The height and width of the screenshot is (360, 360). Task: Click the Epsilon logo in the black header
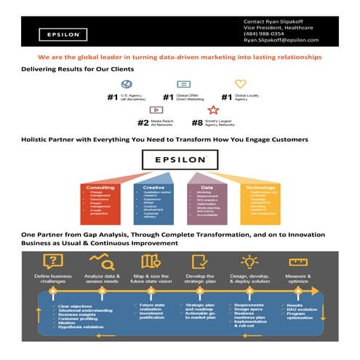click(64, 33)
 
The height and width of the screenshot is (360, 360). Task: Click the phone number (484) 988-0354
click(263, 33)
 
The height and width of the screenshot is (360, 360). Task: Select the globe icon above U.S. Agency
click(127, 84)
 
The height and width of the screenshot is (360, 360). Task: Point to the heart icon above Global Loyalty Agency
click(240, 84)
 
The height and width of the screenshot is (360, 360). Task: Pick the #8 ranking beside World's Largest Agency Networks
click(197, 123)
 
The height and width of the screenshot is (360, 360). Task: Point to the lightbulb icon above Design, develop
click(249, 261)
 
